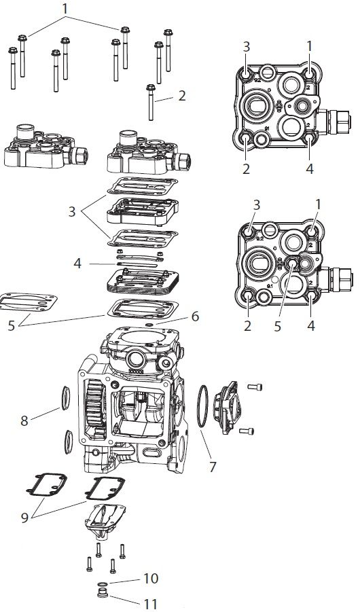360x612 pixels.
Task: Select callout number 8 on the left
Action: click(x=25, y=420)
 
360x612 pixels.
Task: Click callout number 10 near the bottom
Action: click(x=151, y=578)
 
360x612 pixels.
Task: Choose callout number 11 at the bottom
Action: click(x=151, y=602)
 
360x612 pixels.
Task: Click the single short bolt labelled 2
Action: click(x=149, y=102)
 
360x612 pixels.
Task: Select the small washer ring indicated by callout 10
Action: click(x=103, y=584)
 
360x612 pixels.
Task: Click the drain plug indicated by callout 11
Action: click(x=103, y=596)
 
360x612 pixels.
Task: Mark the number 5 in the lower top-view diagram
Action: click(x=277, y=325)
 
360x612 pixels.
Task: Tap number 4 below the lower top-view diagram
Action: click(x=310, y=325)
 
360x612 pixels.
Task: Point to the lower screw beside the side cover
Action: click(x=250, y=430)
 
